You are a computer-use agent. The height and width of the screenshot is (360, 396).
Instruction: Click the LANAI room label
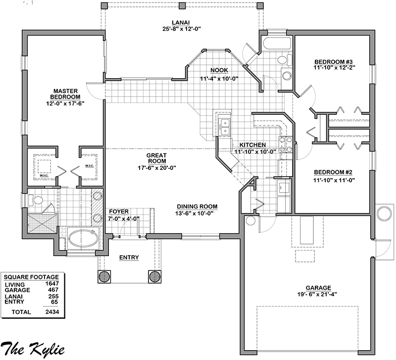(181, 23)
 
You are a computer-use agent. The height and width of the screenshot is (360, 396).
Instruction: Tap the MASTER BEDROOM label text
(65, 94)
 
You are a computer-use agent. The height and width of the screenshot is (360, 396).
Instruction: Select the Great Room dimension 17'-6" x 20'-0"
(157, 167)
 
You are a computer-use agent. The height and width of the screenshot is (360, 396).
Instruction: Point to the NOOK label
(219, 70)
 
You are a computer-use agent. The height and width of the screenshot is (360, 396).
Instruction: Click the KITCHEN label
(252, 145)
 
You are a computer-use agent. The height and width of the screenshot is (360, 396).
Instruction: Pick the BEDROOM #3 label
(333, 62)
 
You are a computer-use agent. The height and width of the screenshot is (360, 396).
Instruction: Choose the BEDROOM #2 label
(333, 172)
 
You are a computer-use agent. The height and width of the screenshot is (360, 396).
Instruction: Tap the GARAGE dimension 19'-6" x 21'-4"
(318, 294)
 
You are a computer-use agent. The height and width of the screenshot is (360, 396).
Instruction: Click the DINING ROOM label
(197, 206)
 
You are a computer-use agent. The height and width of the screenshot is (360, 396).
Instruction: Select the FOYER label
(119, 211)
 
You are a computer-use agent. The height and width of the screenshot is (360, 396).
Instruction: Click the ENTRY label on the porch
(129, 257)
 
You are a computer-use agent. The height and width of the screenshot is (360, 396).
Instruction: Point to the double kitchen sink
(224, 127)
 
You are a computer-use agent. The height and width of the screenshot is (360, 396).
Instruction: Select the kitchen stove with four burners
(286, 145)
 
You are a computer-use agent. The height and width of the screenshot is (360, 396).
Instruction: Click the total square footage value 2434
(52, 312)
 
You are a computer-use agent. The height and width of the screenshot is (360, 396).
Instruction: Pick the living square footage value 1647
(52, 284)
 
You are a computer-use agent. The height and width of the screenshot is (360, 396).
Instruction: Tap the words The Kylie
(33, 349)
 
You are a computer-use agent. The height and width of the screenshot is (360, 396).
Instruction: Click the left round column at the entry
(104, 277)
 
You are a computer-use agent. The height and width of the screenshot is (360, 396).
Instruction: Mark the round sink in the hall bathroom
(287, 75)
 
